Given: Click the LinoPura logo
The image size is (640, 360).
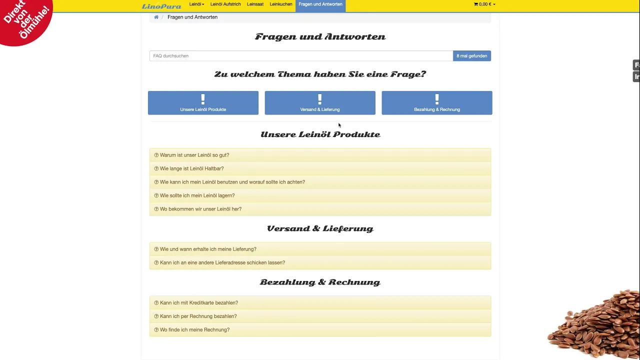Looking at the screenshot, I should point(161,6).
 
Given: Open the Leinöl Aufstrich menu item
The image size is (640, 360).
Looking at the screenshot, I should point(225,4).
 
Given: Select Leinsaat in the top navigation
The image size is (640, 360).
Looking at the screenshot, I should point(255,4).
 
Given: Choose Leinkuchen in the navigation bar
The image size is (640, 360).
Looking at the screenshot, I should point(281,4).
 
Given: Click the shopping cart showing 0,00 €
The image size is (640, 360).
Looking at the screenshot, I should point(484,4).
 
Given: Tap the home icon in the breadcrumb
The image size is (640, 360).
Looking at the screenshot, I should point(156,17).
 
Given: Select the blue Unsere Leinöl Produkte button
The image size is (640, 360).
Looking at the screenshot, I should point(203,103).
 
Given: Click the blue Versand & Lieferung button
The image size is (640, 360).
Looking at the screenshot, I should point(320,103).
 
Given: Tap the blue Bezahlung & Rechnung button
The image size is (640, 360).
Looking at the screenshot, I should point(437,103).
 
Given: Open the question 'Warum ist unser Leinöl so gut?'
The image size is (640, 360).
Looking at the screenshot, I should point(194,155).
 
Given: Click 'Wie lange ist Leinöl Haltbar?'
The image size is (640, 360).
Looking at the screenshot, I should point(191,168).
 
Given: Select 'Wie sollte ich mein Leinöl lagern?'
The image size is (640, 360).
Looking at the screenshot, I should point(197,195).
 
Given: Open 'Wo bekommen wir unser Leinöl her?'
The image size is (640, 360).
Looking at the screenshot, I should point(200,209).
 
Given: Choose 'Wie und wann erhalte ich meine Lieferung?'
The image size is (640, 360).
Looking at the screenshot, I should point(208,249).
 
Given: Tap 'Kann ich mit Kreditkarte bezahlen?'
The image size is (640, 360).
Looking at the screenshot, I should point(198,302).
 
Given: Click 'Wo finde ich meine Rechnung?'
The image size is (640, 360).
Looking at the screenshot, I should point(194,329).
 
